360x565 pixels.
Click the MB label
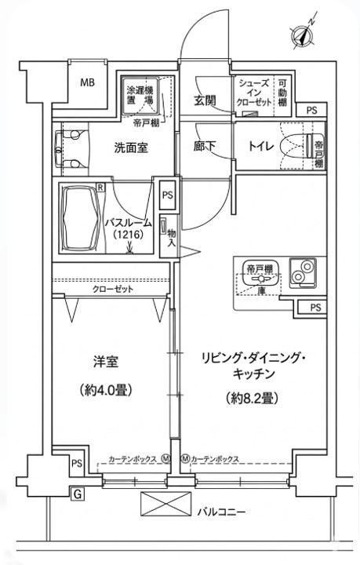coord(87,82)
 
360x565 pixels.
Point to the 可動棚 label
coord(282,93)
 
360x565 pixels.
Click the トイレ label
coord(260,145)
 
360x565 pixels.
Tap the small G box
coord(78,494)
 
